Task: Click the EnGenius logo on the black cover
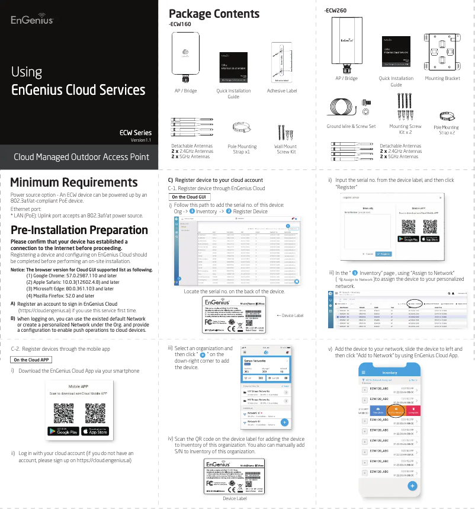pos(33,20)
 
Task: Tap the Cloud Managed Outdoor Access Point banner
pos(81,157)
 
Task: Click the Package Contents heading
pos(214,14)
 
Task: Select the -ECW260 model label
pos(336,11)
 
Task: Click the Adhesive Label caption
pos(282,91)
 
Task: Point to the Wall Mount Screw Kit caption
pos(285,149)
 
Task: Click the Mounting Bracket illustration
pos(442,52)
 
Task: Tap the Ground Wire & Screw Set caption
pos(351,126)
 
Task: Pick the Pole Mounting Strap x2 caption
pos(446,130)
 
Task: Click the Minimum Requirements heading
pos(74,183)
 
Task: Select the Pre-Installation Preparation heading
pos(79,230)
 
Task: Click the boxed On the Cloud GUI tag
pos(188,197)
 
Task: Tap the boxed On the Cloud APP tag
pos(31,360)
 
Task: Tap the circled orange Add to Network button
pos(396,411)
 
